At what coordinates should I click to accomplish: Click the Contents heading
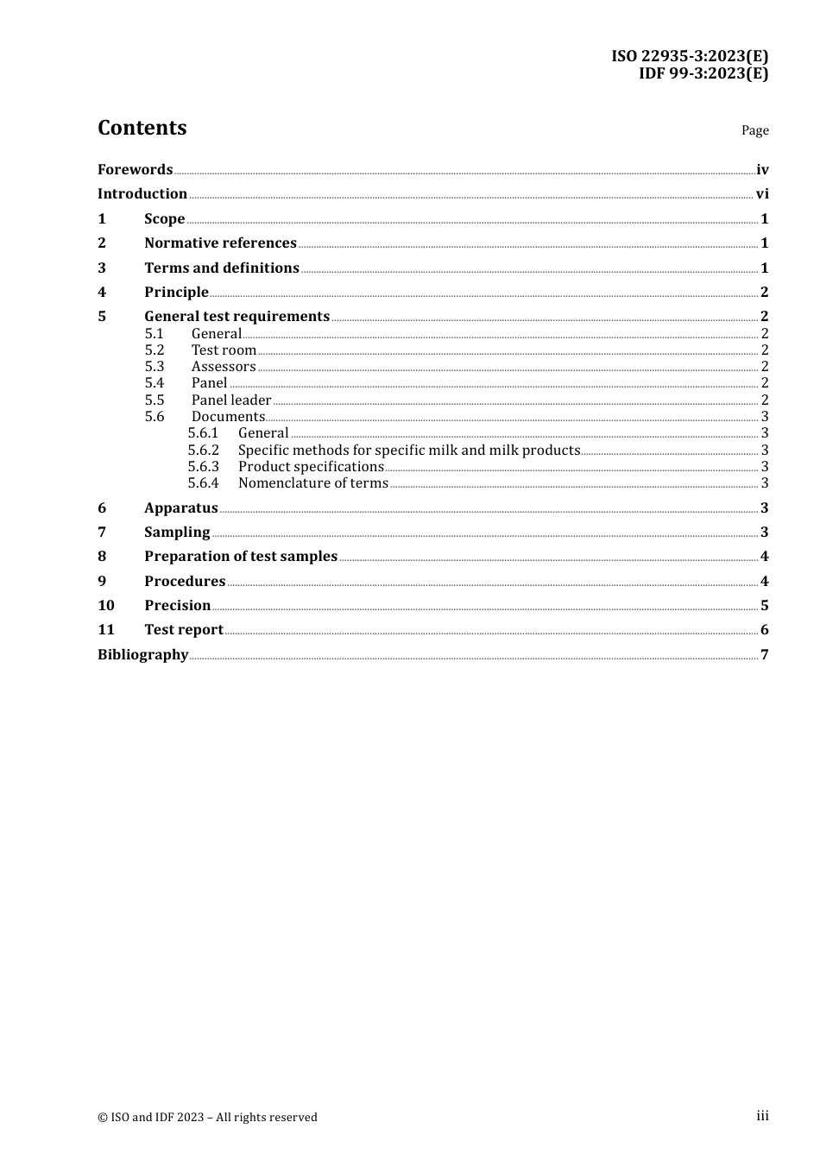[x=142, y=128]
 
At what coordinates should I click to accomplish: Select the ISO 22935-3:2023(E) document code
[x=690, y=56]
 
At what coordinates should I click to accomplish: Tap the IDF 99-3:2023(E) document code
[x=703, y=73]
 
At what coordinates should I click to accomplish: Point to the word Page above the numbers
[x=754, y=130]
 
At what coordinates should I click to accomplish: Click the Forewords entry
[x=135, y=170]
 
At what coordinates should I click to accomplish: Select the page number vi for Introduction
[x=762, y=194]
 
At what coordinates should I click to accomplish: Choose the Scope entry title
[x=164, y=219]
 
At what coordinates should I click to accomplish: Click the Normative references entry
[x=220, y=243]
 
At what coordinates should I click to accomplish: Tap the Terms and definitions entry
[x=221, y=268]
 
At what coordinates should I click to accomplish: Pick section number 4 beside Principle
[x=102, y=293]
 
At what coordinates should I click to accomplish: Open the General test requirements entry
[x=237, y=317]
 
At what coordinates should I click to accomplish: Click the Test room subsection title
[x=224, y=350]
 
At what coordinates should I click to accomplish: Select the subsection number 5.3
[x=155, y=367]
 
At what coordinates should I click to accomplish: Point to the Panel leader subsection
[x=231, y=400]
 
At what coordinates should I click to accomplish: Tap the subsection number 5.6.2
[x=204, y=451]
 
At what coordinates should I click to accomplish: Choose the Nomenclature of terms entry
[x=312, y=483]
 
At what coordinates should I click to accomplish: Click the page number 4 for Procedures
[x=764, y=582]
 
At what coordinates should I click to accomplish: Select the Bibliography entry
[x=142, y=655]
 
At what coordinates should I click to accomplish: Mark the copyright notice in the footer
[x=207, y=1118]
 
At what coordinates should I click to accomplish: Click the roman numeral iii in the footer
[x=762, y=1116]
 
